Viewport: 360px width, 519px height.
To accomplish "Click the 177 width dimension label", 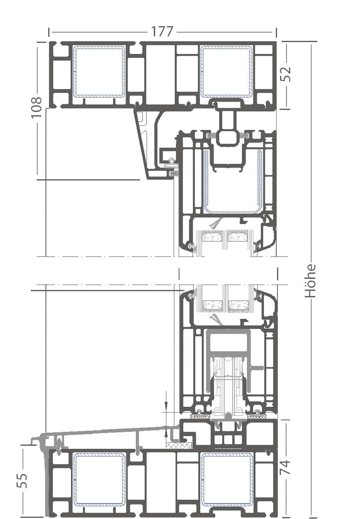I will point(162,32).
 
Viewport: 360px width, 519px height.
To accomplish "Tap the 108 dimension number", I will point(37,107).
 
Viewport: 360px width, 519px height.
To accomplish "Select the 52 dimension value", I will point(286,74).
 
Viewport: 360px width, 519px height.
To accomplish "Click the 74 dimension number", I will point(285,467).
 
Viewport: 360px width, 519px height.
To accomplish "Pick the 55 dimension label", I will point(24,480).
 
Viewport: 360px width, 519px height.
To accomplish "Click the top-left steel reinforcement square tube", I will point(99,71).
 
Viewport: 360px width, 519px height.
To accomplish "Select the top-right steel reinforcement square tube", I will point(227,71).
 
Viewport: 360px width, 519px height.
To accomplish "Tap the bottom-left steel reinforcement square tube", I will point(99,479).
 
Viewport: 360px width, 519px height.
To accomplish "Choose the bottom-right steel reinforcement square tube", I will point(227,479).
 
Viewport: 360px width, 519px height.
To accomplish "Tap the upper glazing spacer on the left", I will point(212,237).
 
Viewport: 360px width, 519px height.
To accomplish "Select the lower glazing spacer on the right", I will point(239,306).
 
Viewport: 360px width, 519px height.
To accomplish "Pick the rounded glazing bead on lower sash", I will point(266,303).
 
